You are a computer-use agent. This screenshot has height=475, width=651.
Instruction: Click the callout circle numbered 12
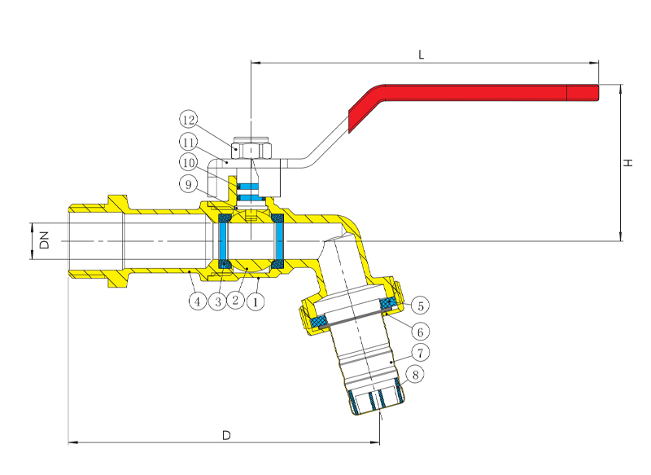tap(189, 121)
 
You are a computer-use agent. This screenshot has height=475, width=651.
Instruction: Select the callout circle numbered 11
tap(189, 142)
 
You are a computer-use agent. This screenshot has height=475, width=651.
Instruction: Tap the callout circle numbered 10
tap(189, 163)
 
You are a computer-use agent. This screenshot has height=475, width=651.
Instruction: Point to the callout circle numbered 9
tap(189, 185)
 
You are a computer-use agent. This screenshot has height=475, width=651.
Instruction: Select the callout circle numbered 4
tap(197, 301)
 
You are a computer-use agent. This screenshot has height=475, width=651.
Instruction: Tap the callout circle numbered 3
tap(216, 301)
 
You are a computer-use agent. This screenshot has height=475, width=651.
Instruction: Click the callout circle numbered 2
tap(235, 301)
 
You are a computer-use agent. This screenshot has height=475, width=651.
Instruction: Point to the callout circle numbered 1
tap(256, 301)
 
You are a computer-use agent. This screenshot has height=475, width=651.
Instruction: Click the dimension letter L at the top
tap(421, 55)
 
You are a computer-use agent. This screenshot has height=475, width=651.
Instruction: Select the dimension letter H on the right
tap(628, 163)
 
